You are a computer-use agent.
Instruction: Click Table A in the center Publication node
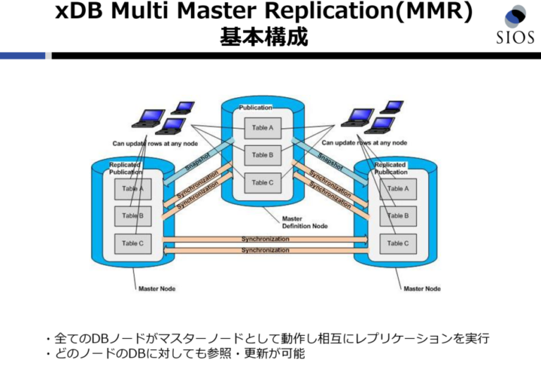[x=261, y=127]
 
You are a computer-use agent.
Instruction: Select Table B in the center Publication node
[x=261, y=155]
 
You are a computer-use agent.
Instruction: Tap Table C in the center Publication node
[x=261, y=182]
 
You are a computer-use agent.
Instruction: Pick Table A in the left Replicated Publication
[x=132, y=188]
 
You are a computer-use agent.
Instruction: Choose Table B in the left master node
[x=132, y=215]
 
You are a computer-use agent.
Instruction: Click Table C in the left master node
[x=132, y=243]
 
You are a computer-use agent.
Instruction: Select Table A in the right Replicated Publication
[x=397, y=188]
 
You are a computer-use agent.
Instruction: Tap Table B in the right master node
[x=397, y=215]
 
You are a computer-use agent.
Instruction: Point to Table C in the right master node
[x=397, y=243]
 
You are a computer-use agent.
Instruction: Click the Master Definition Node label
[x=304, y=223]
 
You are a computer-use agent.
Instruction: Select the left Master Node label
[x=157, y=289]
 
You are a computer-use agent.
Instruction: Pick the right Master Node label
[x=422, y=289]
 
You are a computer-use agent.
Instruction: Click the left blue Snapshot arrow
[x=197, y=161]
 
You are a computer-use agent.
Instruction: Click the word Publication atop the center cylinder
[x=256, y=107]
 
